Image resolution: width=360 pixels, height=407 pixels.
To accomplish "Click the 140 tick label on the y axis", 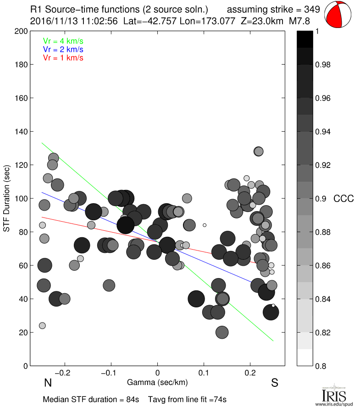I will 20,132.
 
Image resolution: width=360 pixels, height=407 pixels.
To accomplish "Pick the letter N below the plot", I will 47,383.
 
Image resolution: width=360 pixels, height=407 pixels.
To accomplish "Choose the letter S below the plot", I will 275,383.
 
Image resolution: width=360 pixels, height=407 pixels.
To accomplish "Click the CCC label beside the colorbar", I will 343,199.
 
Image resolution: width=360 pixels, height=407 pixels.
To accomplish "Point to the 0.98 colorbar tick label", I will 324,65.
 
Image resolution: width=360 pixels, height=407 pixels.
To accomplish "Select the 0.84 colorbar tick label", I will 324,299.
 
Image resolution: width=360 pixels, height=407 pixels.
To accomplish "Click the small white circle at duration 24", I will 42,326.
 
